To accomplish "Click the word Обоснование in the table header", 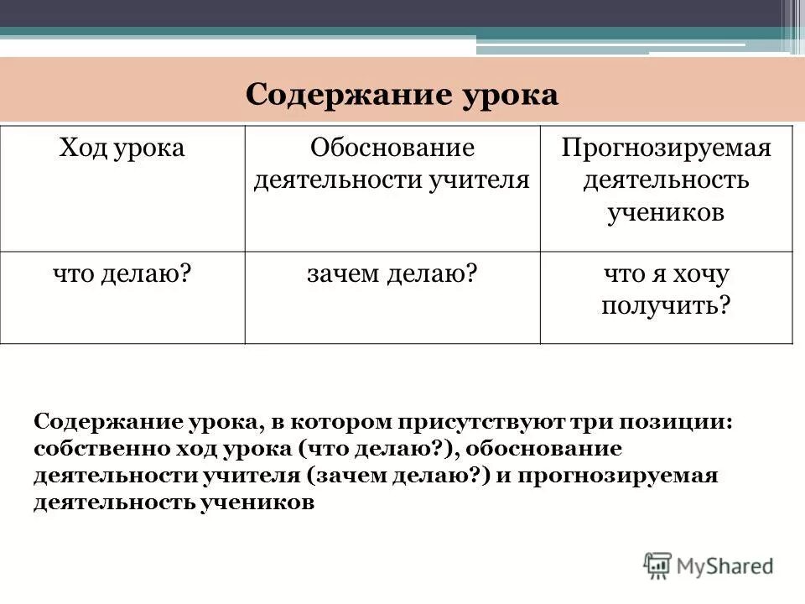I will pos(392,148).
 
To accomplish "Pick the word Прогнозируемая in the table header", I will pos(666,148).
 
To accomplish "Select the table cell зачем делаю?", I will pos(392,273).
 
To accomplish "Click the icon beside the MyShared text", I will pos(658,566).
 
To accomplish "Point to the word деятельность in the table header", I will pos(666,180).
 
